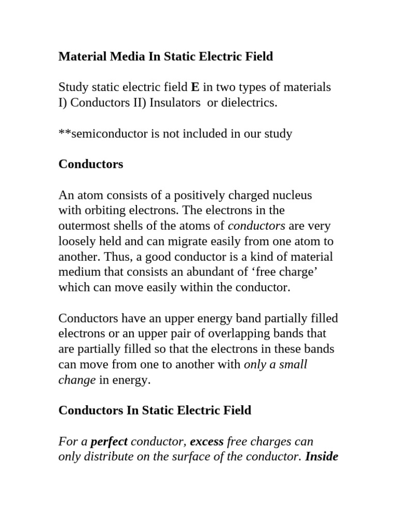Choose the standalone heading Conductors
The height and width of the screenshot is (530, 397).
[91, 165]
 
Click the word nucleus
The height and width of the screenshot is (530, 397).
[289, 196]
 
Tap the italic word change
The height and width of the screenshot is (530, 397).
[77, 380]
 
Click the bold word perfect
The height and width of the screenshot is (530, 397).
[109, 441]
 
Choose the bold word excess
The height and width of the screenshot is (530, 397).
[207, 441]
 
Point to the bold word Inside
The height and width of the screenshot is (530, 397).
[322, 457]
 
